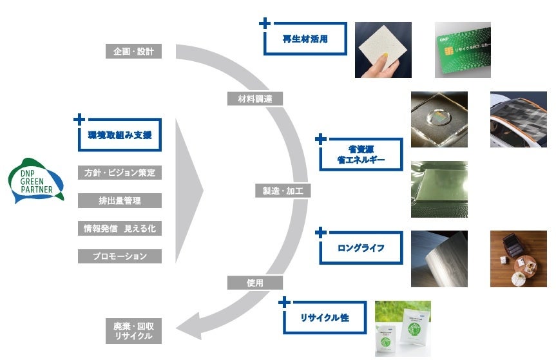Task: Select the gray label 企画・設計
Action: [x=133, y=51]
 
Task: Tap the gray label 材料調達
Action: [x=254, y=99]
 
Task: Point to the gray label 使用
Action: [x=254, y=282]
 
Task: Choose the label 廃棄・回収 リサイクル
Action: [x=133, y=331]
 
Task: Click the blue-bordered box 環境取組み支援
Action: [x=120, y=135]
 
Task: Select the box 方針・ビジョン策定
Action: [x=120, y=173]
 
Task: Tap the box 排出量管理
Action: [x=120, y=201]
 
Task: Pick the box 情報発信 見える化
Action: [x=120, y=229]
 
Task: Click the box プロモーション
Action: [x=120, y=256]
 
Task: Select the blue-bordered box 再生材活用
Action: [x=305, y=39]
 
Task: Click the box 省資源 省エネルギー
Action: [x=361, y=154]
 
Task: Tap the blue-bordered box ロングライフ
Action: [x=361, y=246]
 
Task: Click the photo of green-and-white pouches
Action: [x=403, y=328]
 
